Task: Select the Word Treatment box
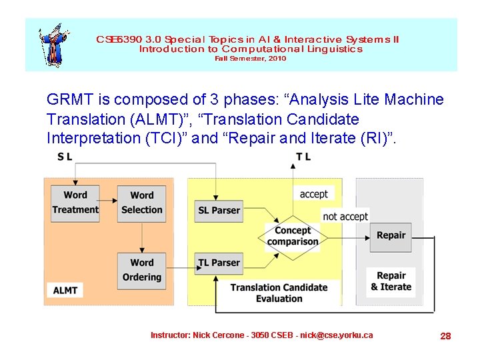[x=75, y=203]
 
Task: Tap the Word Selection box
[x=141, y=203]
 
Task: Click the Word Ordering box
[x=141, y=270]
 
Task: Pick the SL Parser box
[x=219, y=210]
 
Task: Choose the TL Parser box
[x=219, y=263]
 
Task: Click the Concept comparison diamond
[x=293, y=235]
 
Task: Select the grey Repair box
[x=391, y=235]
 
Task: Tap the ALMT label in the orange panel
[x=65, y=290]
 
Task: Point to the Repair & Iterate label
[x=391, y=281]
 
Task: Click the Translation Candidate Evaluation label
[x=279, y=293]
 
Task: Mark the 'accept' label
[x=314, y=194]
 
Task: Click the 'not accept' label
[x=345, y=216]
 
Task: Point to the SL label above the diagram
[x=65, y=157]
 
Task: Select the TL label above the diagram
[x=303, y=157]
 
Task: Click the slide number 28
[x=445, y=336]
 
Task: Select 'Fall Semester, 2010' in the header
[x=250, y=59]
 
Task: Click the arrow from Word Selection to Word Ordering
[x=141, y=237]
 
